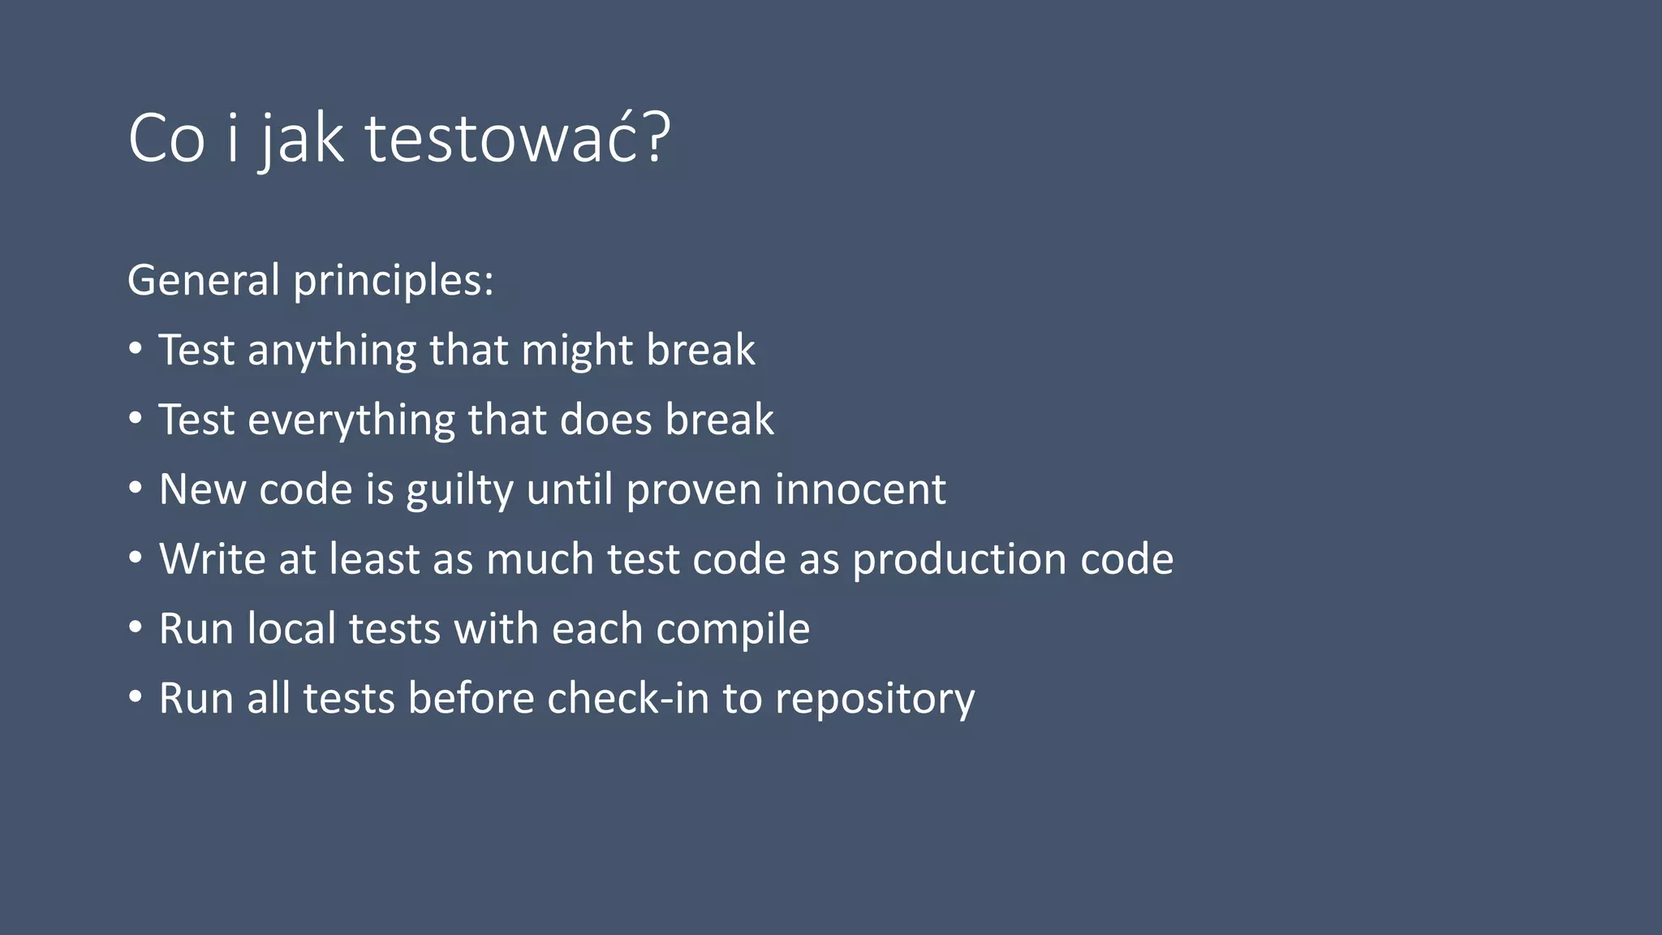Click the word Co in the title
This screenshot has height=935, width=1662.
(166, 139)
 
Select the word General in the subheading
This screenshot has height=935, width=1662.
(203, 280)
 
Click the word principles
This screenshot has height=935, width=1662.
(393, 282)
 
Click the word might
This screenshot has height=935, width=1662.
(577, 351)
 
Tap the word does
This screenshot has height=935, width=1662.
(605, 420)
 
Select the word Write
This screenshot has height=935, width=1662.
(212, 559)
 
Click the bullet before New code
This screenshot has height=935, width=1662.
(136, 489)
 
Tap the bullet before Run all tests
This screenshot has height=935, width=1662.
(136, 698)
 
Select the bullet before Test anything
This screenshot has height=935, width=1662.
(136, 349)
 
